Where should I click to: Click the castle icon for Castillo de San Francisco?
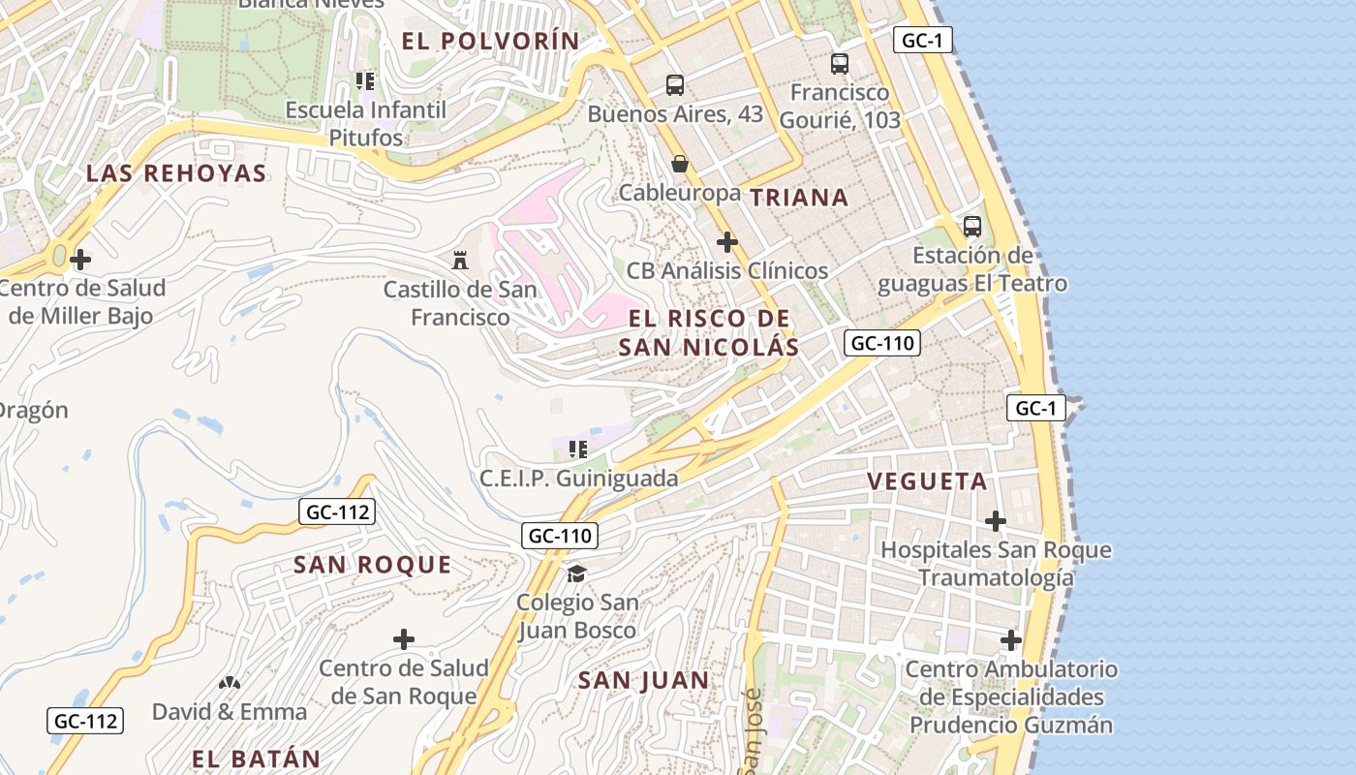click(460, 260)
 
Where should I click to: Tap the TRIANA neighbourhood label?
click(799, 198)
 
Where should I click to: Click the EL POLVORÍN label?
click(490, 41)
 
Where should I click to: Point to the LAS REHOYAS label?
click(176, 173)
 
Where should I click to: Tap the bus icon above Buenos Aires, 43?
click(675, 84)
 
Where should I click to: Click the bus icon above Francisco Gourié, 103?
click(840, 64)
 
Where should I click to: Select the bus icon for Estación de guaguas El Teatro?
click(972, 227)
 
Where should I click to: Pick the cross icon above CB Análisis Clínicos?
click(727, 241)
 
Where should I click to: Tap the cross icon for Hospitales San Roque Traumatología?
click(996, 521)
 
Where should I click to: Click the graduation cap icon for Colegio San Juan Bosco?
click(577, 573)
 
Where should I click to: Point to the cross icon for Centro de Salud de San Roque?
click(404, 639)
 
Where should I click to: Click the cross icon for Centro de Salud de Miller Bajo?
click(81, 260)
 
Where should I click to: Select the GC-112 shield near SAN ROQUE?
click(336, 511)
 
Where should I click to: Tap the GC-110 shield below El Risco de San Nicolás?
click(881, 343)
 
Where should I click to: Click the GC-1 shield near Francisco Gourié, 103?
click(923, 40)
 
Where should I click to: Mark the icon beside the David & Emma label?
click(230, 683)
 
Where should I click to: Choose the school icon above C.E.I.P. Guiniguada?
click(578, 449)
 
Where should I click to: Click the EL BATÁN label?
click(256, 759)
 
